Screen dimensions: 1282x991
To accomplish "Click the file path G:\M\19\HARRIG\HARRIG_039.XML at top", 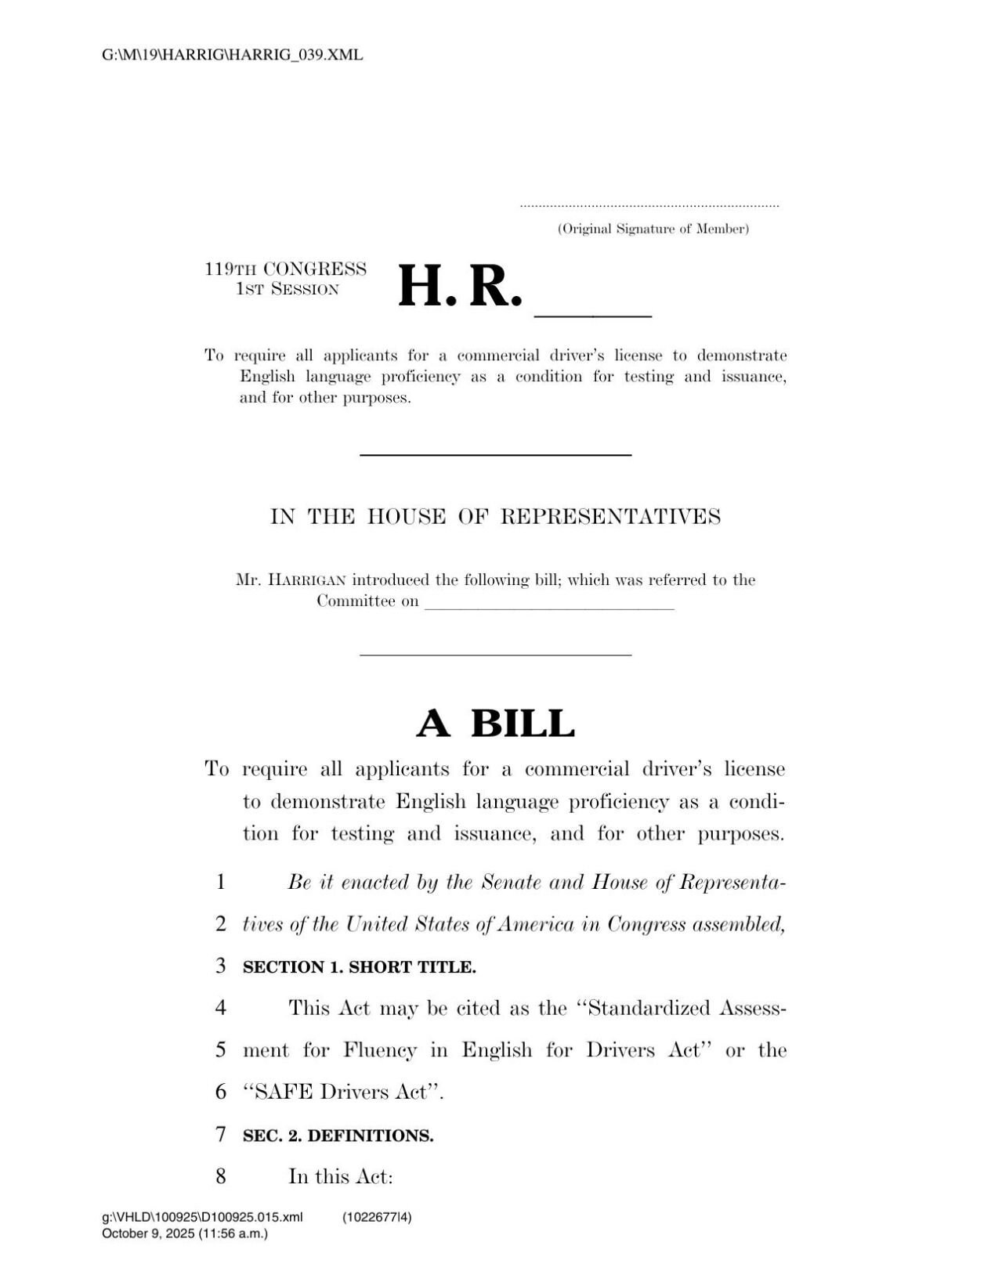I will pos(233,55).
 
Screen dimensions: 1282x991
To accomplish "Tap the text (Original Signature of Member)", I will pos(653,229).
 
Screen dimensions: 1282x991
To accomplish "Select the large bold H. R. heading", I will pos(460,287).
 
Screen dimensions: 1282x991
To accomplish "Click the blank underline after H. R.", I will pos(592,313).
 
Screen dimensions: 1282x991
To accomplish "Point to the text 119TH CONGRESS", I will pos(285,269).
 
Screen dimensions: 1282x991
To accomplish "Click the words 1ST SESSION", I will pos(287,289).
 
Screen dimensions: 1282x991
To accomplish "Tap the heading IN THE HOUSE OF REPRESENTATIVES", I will pos(495,517).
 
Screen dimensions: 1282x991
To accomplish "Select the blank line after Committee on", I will pos(549,605).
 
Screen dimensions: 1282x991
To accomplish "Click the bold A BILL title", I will pos(495,723).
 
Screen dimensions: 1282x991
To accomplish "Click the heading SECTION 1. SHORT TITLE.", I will pos(359,967).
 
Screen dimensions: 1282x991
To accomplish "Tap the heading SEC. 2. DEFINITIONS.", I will pos(338,1136).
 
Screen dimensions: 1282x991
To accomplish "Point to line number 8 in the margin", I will pos(221,1176).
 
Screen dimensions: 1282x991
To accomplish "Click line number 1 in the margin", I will pos(221,883).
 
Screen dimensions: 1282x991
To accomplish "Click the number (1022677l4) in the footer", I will pos(378,1217).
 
